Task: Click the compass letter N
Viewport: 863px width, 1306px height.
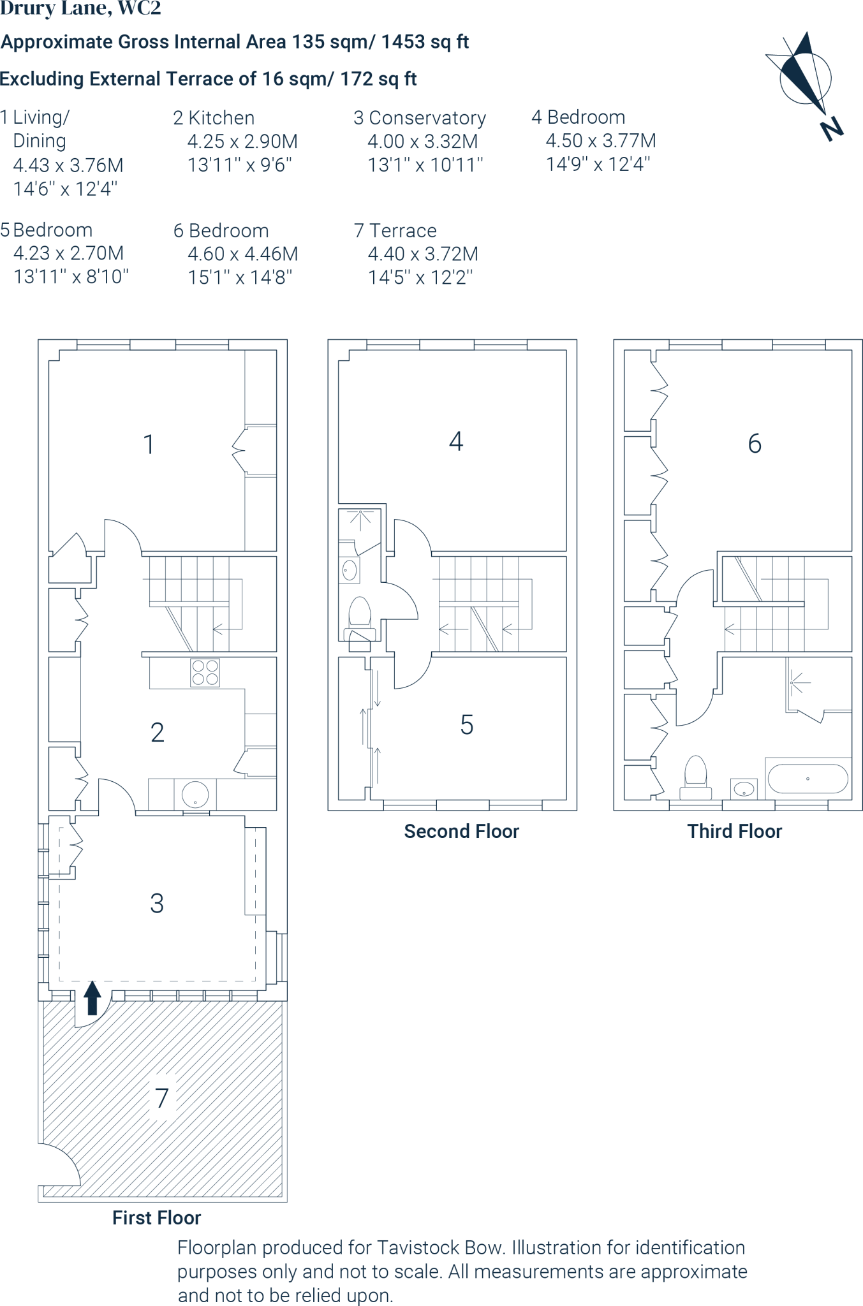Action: coord(832,129)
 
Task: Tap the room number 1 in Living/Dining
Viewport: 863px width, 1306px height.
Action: coord(149,444)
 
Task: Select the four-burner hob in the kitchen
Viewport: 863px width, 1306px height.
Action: coord(205,672)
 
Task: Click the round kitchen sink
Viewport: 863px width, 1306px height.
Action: coord(196,794)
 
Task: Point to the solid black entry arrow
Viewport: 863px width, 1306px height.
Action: coord(92,997)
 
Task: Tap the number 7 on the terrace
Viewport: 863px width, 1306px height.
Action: coord(162,1098)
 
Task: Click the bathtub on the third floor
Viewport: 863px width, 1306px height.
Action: coord(808,779)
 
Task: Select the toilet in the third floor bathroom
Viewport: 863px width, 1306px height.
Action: coord(695,777)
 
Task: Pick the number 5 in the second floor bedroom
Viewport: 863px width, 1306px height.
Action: coord(467,725)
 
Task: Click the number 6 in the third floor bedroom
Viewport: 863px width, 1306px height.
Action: coord(755,443)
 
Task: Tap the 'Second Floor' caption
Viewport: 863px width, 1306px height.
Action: coord(462,832)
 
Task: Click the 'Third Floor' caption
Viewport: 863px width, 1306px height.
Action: coord(735,832)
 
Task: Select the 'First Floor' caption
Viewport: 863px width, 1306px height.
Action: coord(157,1218)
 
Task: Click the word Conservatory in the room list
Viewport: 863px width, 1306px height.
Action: coord(427,118)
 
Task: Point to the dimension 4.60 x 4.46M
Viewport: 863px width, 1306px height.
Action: coord(243,254)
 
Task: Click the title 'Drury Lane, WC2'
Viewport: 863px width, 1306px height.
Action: coord(81,9)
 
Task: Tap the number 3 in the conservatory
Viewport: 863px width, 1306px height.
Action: coord(157,903)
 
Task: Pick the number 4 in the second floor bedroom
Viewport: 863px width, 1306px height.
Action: coord(456,441)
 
